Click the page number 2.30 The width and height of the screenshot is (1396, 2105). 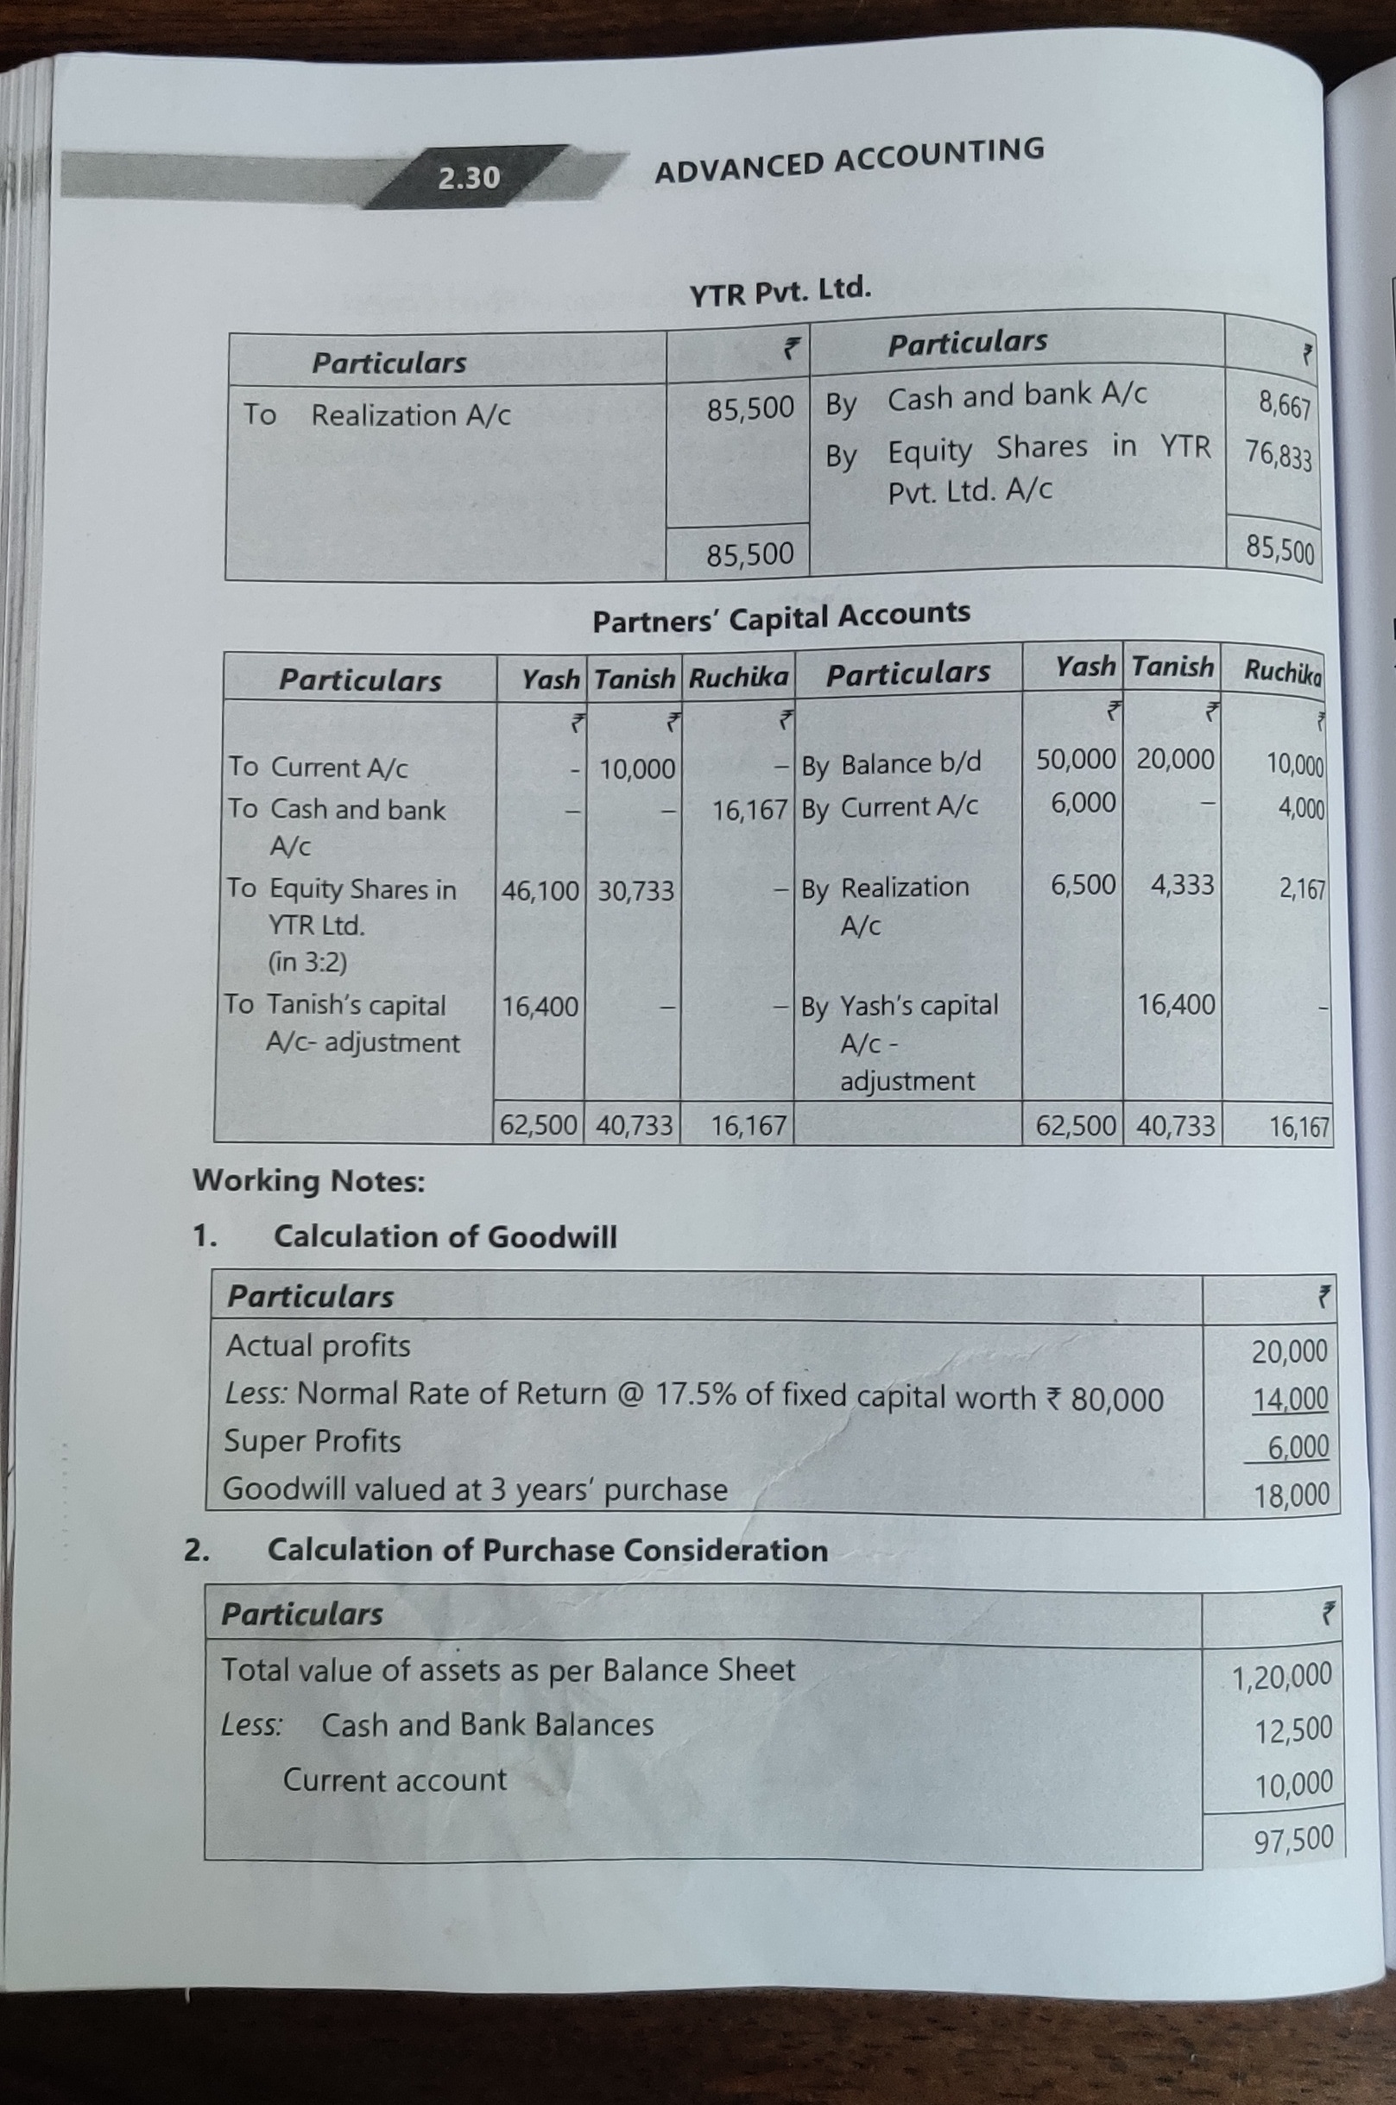click(468, 178)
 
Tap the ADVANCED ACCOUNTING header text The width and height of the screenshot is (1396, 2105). click(849, 161)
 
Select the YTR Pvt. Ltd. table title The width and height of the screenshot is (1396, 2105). click(780, 290)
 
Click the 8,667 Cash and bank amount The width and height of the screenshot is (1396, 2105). click(1284, 406)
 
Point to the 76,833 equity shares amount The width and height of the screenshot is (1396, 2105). click(1278, 455)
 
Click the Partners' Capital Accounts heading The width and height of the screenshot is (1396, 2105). click(780, 617)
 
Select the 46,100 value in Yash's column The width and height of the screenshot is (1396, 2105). click(540, 890)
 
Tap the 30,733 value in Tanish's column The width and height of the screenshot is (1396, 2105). click(635, 890)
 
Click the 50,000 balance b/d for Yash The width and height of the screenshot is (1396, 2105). click(1075, 760)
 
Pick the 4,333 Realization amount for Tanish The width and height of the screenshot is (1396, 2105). click(1181, 885)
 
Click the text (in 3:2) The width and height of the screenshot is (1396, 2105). click(308, 963)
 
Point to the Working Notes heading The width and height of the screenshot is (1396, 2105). click(309, 1182)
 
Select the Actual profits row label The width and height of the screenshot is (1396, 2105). click(318, 1345)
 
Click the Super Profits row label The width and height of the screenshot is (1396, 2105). click(313, 1441)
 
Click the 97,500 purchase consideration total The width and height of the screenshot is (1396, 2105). click(1292, 1839)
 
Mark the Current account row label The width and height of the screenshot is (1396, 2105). click(395, 1780)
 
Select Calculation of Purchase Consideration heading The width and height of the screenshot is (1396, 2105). click(547, 1550)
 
